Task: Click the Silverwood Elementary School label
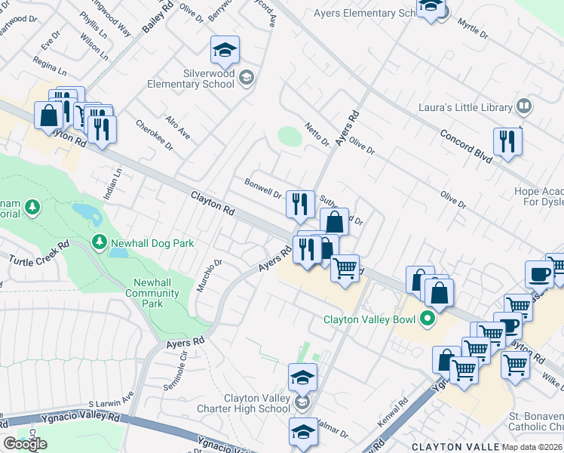pyautogui.click(x=198, y=79)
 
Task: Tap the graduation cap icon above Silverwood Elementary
pyautogui.click(x=225, y=51)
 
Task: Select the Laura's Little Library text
pyautogui.click(x=465, y=107)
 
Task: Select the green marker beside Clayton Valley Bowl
pyautogui.click(x=428, y=319)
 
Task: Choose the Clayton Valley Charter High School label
pyautogui.click(x=256, y=403)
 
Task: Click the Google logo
pyautogui.click(x=25, y=444)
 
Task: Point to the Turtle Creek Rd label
pyautogui.click(x=39, y=253)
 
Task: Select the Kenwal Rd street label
pyautogui.click(x=392, y=410)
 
